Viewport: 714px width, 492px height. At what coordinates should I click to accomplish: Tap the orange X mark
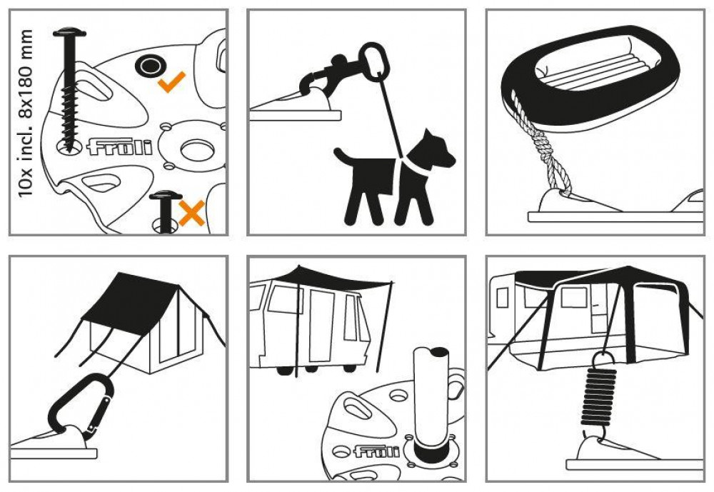coord(191,214)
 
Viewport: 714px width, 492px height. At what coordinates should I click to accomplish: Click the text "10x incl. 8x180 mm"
coord(26,114)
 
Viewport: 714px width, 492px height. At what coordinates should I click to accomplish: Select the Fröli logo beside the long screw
coord(119,146)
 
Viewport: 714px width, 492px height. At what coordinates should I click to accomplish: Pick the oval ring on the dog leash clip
coord(374,61)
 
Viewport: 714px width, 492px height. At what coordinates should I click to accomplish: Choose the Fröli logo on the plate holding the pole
coord(376,451)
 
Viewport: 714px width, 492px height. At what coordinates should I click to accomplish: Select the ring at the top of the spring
coord(602,358)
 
